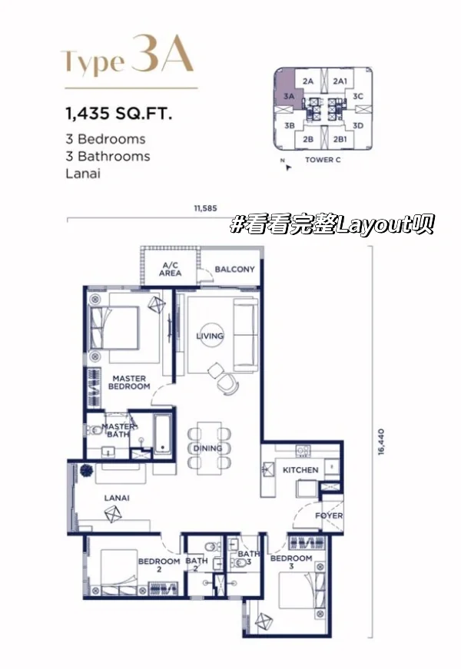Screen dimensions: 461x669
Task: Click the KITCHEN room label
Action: pos(300,470)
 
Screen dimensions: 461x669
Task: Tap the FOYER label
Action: pos(329,515)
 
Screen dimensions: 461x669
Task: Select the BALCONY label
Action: pos(234,270)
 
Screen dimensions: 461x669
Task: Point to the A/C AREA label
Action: pos(170,270)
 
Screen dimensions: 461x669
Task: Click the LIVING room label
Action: pos(210,336)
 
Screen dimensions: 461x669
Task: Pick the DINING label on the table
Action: pos(207,449)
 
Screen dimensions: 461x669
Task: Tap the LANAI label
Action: pos(117,498)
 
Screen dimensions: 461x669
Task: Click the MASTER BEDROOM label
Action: pos(129,383)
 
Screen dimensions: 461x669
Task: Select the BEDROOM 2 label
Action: pos(159,565)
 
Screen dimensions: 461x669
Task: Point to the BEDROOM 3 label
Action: pos(291,562)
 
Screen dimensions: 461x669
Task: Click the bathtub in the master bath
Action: pos(162,434)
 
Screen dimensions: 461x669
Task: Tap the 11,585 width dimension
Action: pos(205,208)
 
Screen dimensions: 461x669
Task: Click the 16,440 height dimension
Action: pos(381,442)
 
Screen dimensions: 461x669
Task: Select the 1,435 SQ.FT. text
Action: pos(118,114)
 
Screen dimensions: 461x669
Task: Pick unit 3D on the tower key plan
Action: pos(358,125)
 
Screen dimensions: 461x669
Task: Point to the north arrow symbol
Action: pos(288,167)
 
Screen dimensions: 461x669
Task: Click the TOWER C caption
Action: pos(323,160)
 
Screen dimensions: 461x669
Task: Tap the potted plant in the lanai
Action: pos(86,470)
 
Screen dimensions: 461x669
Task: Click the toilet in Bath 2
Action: pos(210,547)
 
